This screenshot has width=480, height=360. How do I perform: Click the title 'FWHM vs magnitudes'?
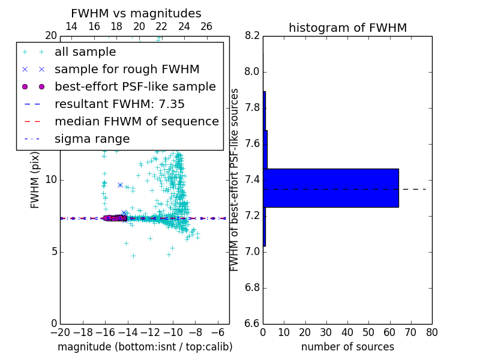point(136,13)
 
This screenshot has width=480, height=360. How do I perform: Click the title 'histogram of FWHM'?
point(347,28)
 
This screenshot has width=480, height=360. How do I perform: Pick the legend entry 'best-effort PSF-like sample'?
point(135,86)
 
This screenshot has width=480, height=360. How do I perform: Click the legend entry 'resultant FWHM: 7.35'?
point(119,104)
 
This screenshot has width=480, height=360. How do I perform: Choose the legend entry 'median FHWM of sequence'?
point(136,121)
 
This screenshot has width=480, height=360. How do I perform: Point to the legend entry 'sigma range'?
point(92,139)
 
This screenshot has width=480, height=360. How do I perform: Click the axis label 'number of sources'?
point(347,347)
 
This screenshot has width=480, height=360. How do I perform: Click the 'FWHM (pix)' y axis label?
point(35,179)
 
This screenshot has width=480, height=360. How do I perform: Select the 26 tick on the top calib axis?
point(206,26)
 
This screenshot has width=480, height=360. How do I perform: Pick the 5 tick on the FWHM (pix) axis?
point(53,251)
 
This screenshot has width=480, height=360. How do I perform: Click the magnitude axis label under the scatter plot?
point(145,347)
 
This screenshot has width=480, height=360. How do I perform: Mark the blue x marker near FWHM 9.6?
point(120,185)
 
